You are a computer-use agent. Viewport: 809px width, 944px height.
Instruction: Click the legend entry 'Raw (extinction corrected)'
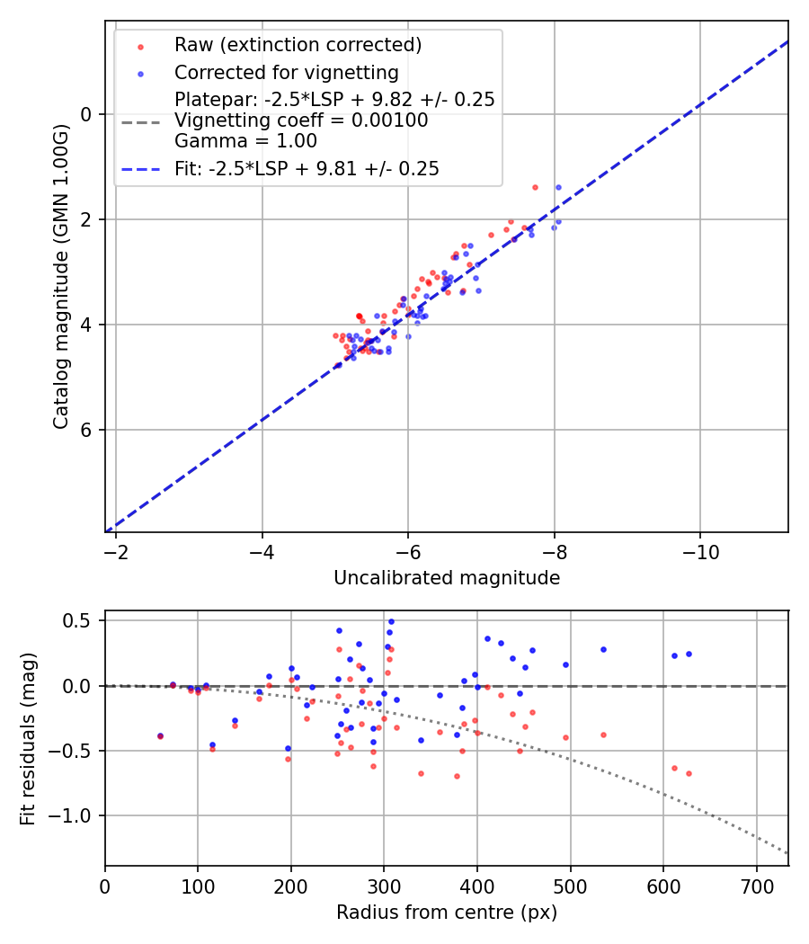click(298, 45)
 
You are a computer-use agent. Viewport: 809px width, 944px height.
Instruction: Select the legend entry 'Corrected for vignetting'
click(286, 72)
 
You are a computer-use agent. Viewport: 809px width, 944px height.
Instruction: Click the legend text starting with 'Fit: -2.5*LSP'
click(307, 168)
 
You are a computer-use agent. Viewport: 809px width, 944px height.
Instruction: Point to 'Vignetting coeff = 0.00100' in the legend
click(301, 120)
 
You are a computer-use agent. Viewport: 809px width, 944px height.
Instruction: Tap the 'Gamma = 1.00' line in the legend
click(245, 141)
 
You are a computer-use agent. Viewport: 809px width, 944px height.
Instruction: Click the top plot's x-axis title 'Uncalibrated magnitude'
click(447, 578)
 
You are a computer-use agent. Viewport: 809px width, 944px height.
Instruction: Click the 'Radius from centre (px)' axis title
click(447, 913)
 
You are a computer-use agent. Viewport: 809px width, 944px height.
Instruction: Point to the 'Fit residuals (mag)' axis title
click(28, 738)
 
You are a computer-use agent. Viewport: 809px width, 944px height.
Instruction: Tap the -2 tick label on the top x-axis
click(116, 552)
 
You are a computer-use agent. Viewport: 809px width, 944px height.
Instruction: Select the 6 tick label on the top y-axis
click(86, 430)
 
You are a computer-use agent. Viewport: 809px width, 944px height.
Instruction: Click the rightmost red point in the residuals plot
click(689, 773)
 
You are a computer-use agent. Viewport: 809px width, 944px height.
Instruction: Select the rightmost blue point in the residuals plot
click(689, 654)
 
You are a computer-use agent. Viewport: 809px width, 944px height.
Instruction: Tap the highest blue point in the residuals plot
click(391, 621)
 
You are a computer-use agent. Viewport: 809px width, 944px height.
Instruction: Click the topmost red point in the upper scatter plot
click(535, 187)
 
